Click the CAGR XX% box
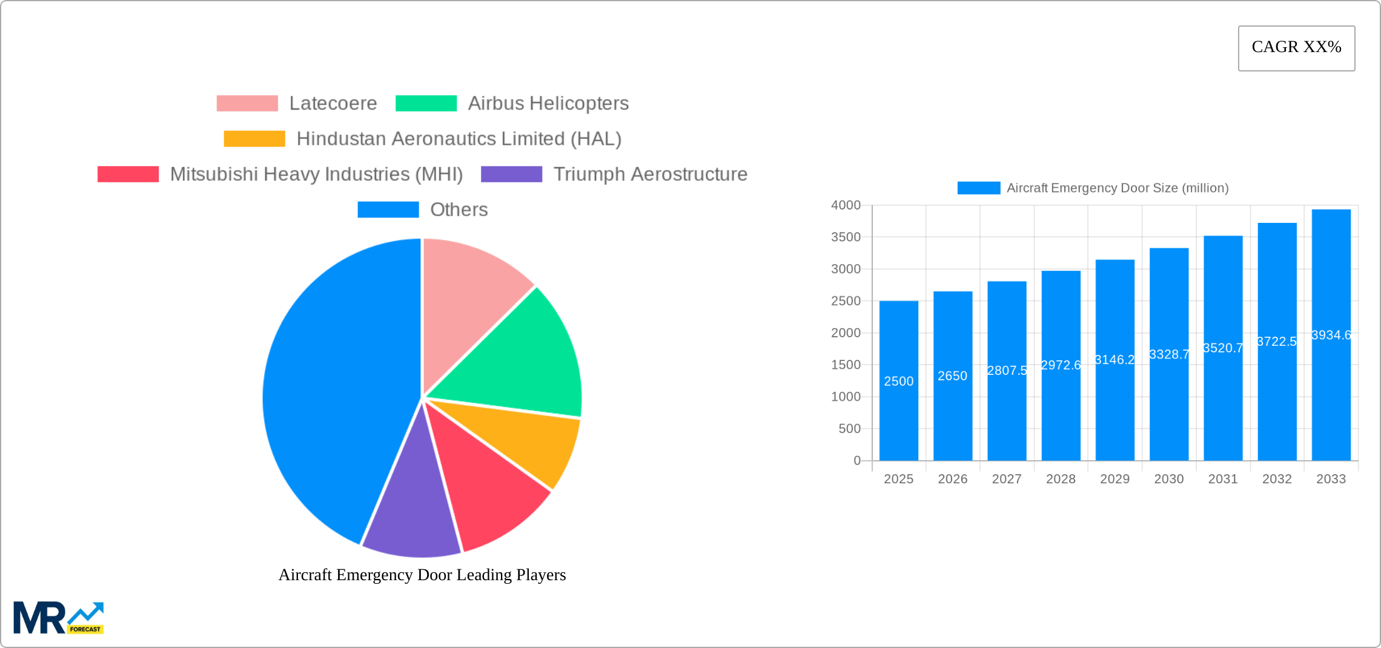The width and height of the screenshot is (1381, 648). (x=1296, y=48)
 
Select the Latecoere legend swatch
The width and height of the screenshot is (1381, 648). (x=247, y=104)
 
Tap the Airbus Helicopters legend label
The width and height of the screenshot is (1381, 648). (x=548, y=104)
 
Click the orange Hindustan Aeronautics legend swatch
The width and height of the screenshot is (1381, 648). (x=254, y=139)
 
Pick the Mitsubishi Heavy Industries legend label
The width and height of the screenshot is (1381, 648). (x=316, y=174)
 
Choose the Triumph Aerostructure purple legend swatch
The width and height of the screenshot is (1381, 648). (x=511, y=174)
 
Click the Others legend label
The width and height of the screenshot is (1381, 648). (x=459, y=210)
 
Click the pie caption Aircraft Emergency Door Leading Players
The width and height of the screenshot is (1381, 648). (x=422, y=575)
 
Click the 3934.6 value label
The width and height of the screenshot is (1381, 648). (x=1331, y=335)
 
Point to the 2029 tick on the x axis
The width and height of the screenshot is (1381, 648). (x=1114, y=479)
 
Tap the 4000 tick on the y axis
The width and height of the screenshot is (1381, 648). (x=846, y=205)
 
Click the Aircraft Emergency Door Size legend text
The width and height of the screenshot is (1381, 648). (x=1117, y=188)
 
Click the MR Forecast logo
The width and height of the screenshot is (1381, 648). (x=58, y=618)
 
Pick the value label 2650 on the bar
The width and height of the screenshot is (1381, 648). (x=952, y=376)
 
